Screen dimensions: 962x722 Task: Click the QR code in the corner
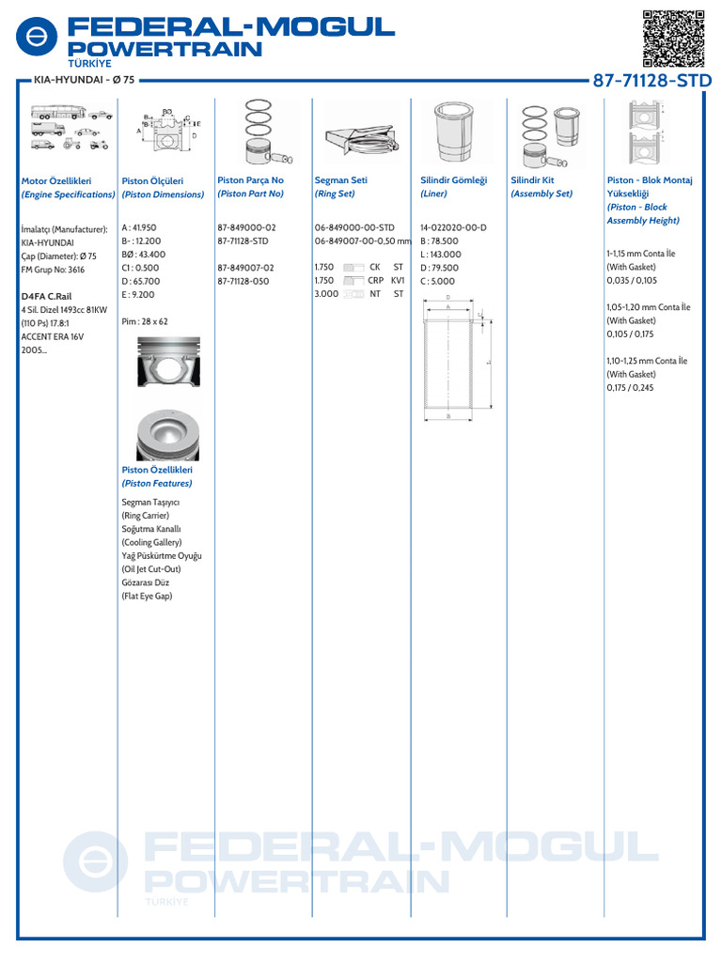click(673, 39)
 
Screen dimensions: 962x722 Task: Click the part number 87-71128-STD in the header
click(651, 82)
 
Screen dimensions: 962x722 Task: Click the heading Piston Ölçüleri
click(152, 180)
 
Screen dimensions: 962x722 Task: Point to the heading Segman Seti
click(340, 180)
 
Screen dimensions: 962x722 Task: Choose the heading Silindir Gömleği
click(447, 180)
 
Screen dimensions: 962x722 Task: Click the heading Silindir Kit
click(532, 180)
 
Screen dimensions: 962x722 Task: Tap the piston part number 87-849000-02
click(246, 228)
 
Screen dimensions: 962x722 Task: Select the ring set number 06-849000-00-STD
click(354, 228)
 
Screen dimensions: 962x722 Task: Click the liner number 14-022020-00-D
click(453, 228)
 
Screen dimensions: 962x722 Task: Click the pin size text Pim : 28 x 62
click(145, 321)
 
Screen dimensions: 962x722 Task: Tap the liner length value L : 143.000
click(441, 255)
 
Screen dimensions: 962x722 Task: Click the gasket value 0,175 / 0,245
click(630, 387)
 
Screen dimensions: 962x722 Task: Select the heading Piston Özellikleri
click(157, 470)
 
